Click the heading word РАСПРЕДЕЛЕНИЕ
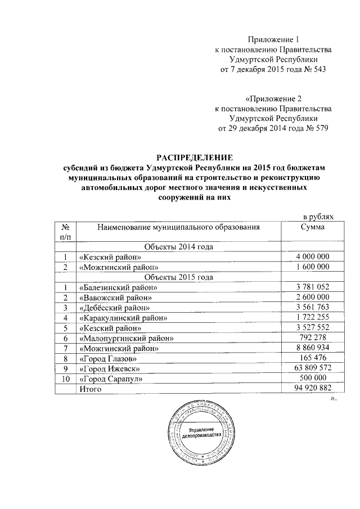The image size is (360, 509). point(193,157)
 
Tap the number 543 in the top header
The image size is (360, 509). point(318,69)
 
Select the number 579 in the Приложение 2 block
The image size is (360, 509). point(319,128)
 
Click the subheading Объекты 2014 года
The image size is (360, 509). point(178,247)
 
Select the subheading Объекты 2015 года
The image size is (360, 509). point(178,277)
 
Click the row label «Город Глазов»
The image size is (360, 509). point(108,358)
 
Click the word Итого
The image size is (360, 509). point(91,389)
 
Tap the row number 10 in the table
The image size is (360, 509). point(65,379)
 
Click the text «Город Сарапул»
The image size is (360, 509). point(110,379)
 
